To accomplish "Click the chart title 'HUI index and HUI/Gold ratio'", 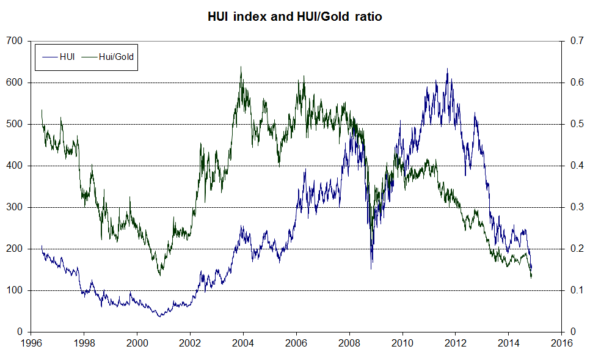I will [x=295, y=17].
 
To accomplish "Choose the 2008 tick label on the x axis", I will [x=349, y=343].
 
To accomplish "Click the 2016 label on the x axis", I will [x=561, y=343].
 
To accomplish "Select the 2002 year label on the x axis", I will [x=190, y=343].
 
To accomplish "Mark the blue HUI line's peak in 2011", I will [x=447, y=68].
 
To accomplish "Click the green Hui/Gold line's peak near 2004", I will [x=241, y=67].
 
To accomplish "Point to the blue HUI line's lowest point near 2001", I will [x=160, y=317].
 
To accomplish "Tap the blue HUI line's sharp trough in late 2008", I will [x=371, y=268].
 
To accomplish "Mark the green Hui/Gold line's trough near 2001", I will [x=160, y=276].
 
